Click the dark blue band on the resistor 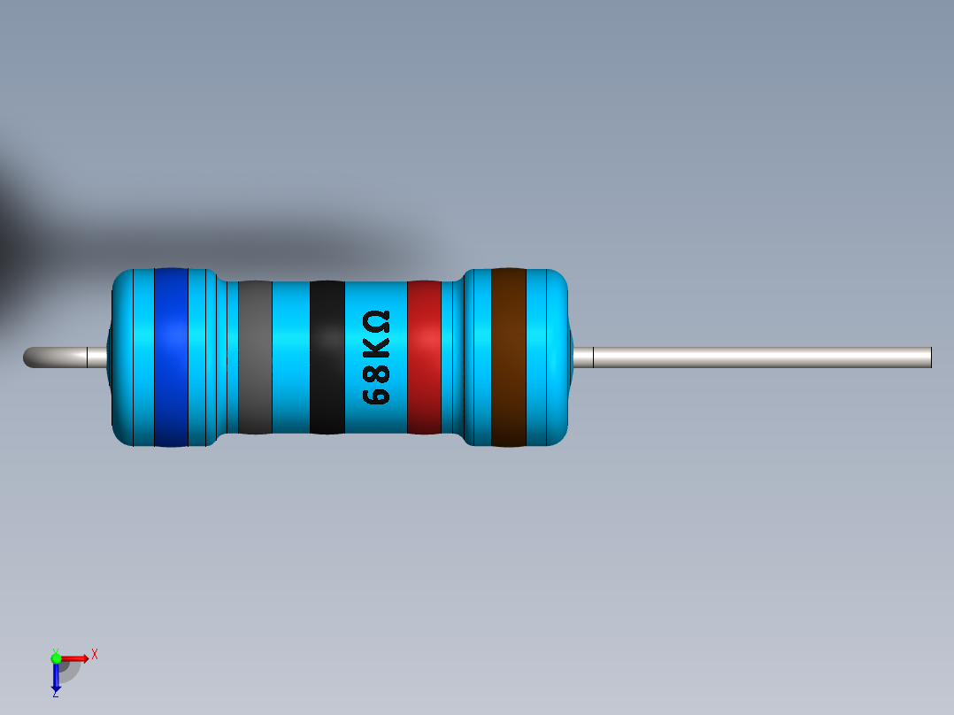click(171, 357)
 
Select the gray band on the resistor click(255, 357)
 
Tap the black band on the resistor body click(327, 357)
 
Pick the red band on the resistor click(424, 357)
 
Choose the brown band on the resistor click(509, 357)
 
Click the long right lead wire click(761, 357)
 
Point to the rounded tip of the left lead click(28, 357)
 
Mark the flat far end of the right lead click(930, 357)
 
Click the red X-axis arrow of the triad click(77, 657)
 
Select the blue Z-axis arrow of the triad click(56, 677)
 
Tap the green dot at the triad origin click(56, 657)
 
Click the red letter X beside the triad click(94, 655)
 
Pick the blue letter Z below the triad click(55, 695)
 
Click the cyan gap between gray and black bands click(290, 357)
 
